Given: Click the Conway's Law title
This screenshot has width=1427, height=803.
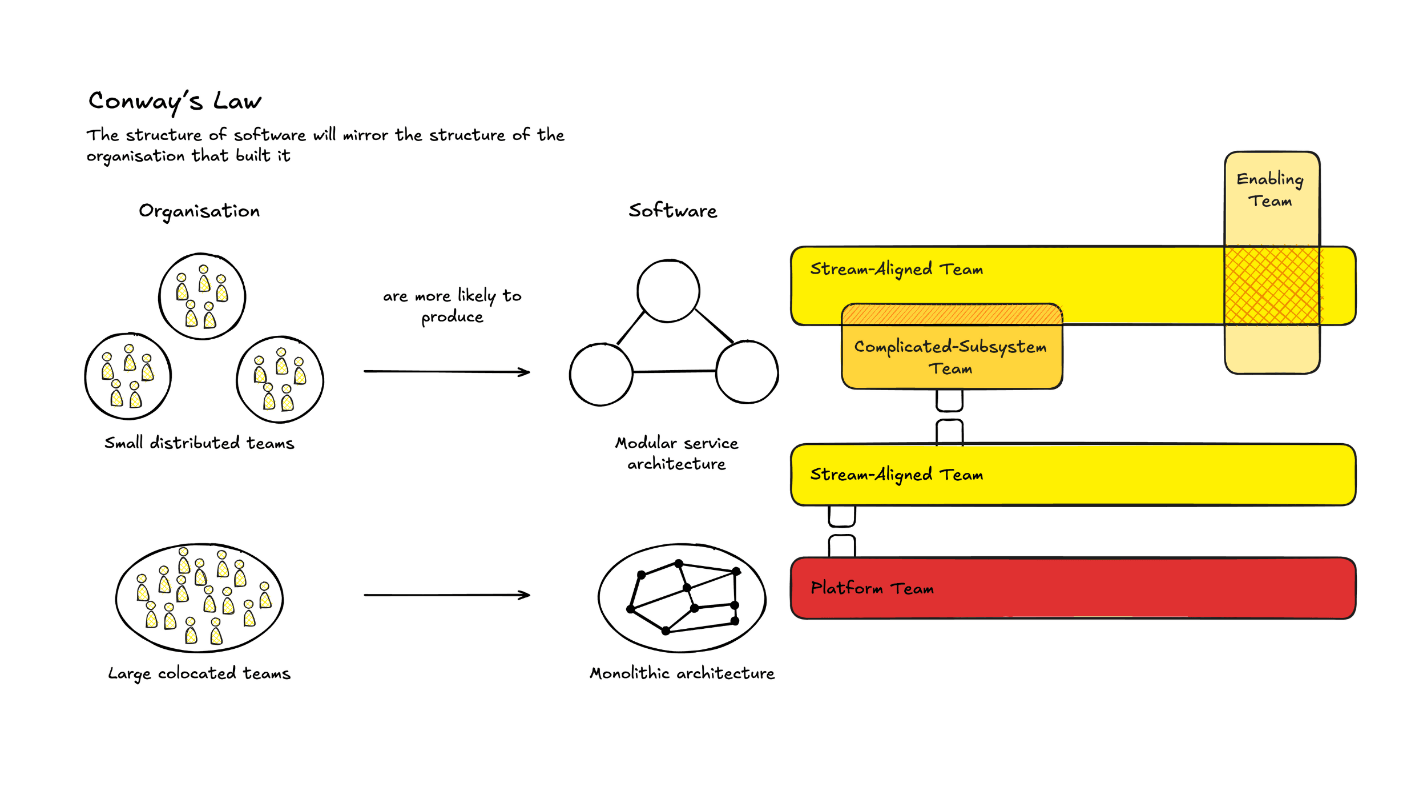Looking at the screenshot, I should (175, 102).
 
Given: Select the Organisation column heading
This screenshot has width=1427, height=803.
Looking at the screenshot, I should (199, 211).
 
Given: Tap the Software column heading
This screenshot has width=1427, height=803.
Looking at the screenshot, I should (672, 211).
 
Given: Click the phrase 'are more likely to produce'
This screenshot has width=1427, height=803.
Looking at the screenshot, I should (452, 306).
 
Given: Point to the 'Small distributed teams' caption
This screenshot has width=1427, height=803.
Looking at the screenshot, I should (199, 443).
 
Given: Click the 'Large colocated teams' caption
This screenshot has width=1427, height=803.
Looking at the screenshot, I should (199, 673).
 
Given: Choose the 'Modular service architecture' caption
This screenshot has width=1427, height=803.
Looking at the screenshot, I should (676, 453).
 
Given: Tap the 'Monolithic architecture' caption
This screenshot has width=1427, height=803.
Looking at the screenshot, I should (682, 673).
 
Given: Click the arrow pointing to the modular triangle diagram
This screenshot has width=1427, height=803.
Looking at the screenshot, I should (447, 372).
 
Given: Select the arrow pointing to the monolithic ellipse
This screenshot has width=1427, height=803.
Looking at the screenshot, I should (447, 595).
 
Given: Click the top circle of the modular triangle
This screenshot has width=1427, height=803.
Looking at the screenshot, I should (668, 291).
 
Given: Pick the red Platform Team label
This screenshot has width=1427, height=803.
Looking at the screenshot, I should (872, 588).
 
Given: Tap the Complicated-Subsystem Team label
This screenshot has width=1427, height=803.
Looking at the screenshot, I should (950, 357).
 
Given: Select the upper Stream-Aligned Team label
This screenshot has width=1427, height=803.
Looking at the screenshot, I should (896, 269).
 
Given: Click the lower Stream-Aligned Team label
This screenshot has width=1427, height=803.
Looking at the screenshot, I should (896, 475).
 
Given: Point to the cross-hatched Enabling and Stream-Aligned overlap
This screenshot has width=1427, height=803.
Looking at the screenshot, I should (1272, 286).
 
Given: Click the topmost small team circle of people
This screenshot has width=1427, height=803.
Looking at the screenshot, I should (202, 296).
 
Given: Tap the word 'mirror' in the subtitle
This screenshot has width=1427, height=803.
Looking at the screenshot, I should (365, 135).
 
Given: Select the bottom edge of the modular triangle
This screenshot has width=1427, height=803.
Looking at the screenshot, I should (674, 371).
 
